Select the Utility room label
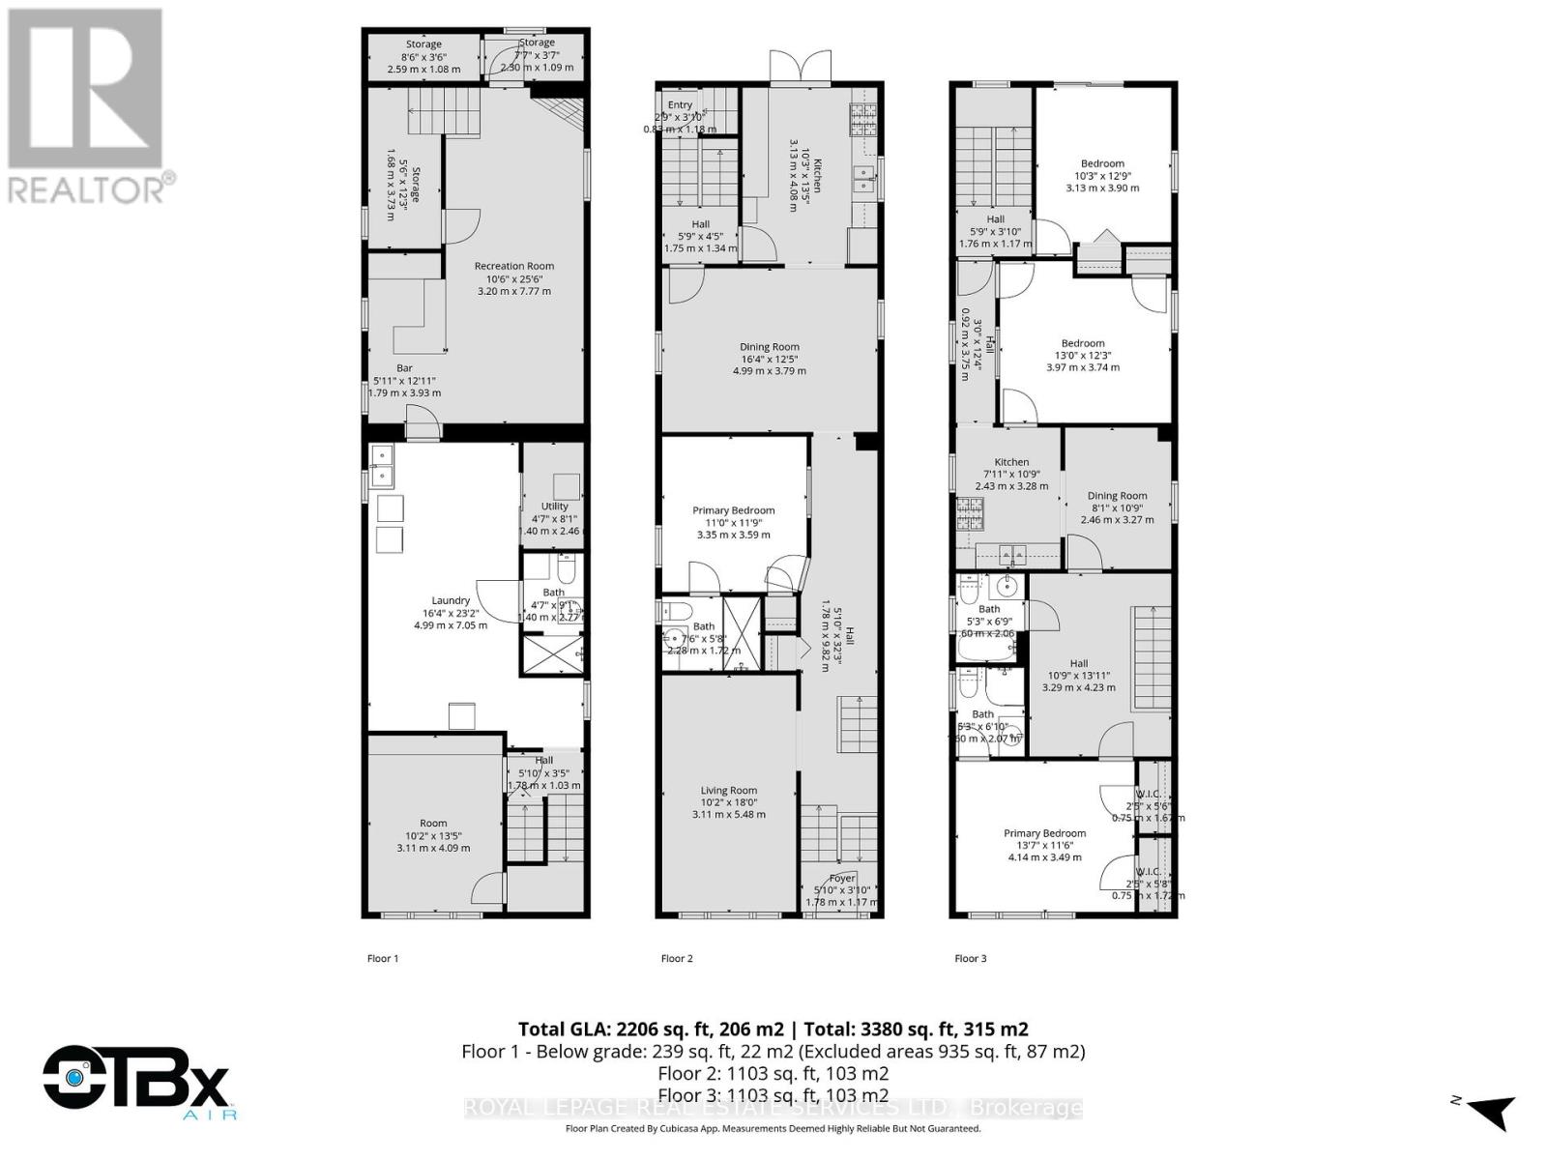point(554,507)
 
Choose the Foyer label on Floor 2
point(842,879)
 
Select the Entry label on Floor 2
point(680,105)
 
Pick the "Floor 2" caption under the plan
point(677,959)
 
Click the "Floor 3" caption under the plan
point(971,959)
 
